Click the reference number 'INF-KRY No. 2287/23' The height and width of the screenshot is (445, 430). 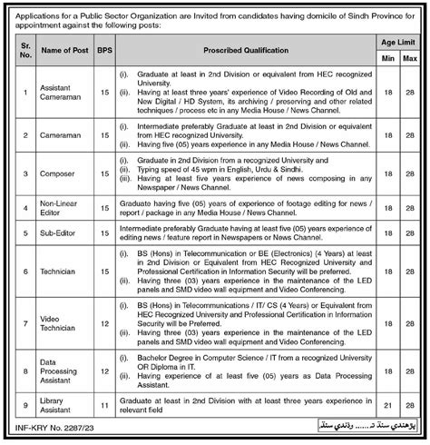pyautogui.click(x=55, y=424)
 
